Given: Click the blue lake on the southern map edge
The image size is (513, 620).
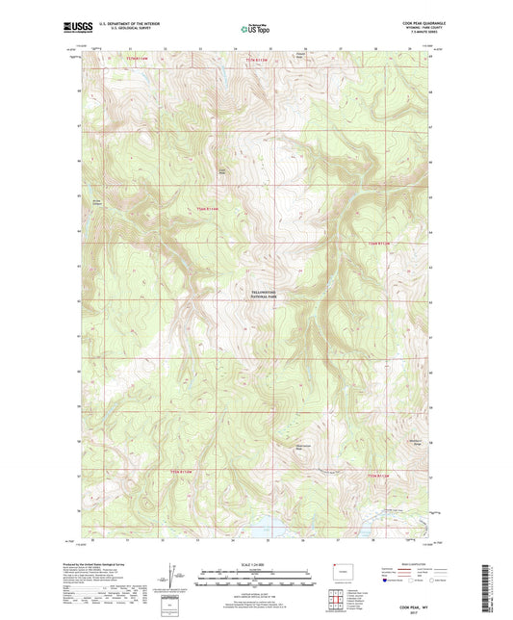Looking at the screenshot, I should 259,527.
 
